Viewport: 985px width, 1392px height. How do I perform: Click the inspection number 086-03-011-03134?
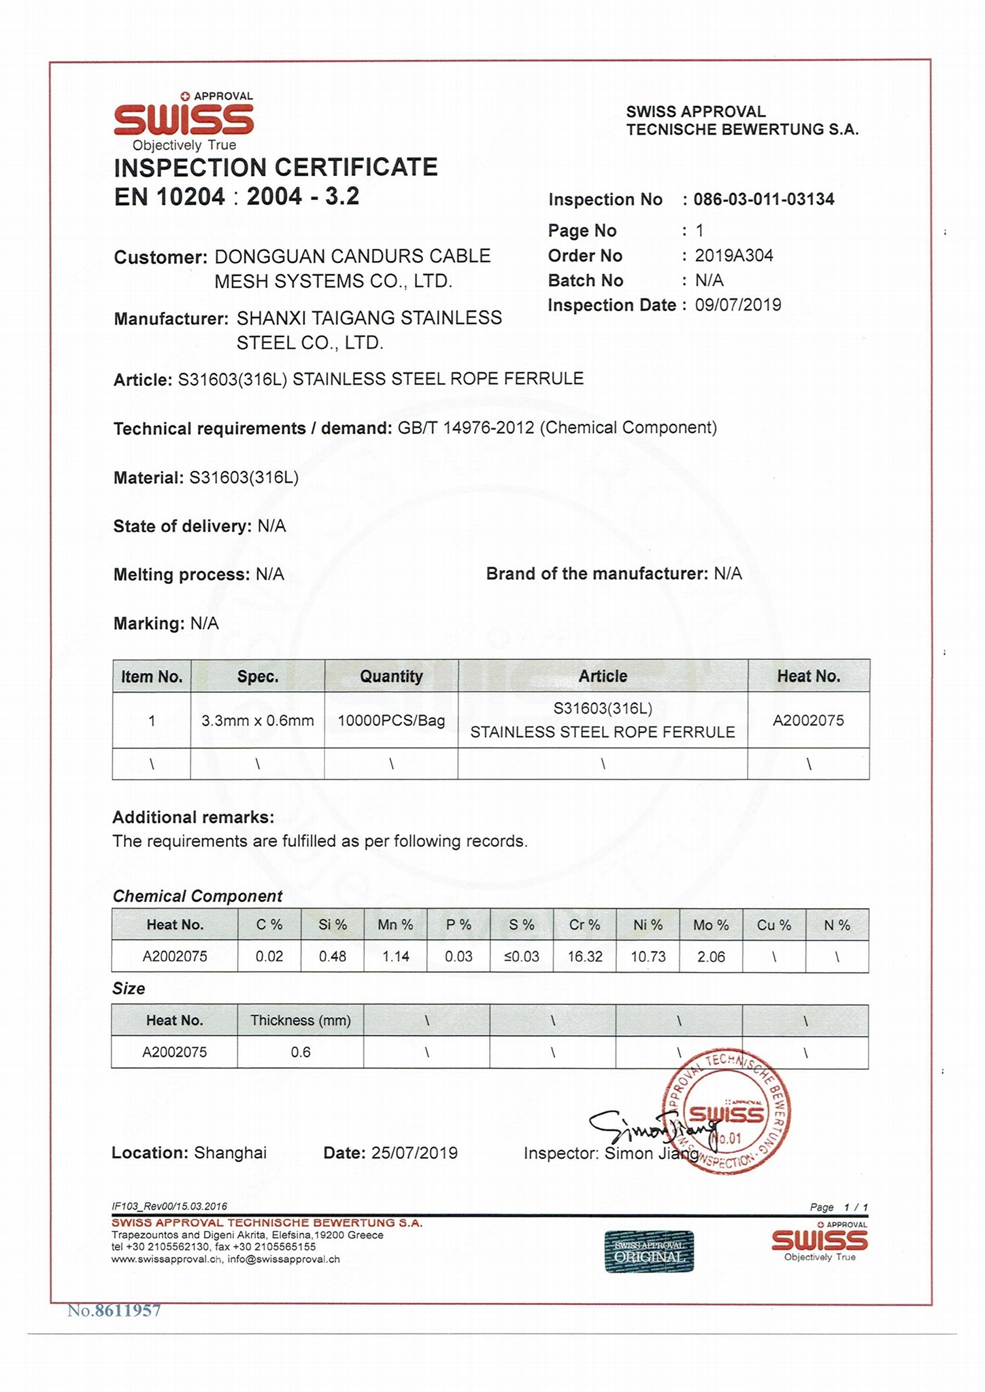(x=763, y=199)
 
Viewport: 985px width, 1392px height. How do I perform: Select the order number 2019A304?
(x=734, y=256)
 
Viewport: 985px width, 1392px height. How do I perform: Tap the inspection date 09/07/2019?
(x=737, y=304)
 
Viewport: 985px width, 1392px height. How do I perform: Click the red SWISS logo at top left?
(x=184, y=120)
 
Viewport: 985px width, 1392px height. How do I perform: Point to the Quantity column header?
(x=391, y=676)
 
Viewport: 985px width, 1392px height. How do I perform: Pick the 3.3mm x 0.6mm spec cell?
(x=257, y=720)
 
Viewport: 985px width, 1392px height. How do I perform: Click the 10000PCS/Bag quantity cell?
(x=391, y=720)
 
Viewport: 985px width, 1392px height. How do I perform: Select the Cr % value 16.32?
(x=584, y=956)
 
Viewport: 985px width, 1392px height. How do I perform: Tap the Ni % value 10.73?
(x=648, y=956)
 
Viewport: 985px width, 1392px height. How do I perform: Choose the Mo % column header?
(x=711, y=925)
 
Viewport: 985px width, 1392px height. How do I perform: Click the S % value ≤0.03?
(x=522, y=956)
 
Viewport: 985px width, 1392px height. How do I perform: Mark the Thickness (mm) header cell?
(x=301, y=1020)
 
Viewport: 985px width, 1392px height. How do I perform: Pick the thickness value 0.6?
(x=301, y=1052)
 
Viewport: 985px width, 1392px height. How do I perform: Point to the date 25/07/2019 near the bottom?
(x=414, y=1153)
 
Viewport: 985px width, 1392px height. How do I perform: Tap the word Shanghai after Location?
(x=230, y=1153)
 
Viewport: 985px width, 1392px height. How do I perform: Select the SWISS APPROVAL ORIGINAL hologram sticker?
(x=649, y=1251)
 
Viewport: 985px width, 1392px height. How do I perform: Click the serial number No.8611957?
(x=114, y=1310)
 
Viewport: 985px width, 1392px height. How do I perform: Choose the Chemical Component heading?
(x=197, y=896)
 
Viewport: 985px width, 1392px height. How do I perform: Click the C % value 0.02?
(x=269, y=956)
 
